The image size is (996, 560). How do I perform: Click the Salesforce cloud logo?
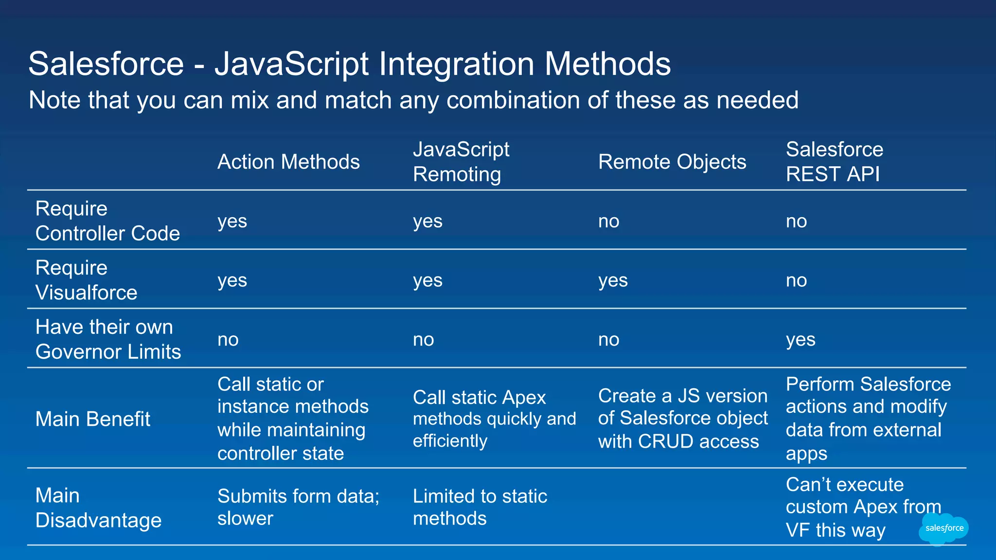(x=943, y=529)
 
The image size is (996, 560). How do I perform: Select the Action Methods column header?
(x=288, y=162)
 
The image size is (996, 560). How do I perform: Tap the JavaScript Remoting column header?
(x=461, y=162)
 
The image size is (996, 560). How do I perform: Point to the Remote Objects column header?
(x=672, y=162)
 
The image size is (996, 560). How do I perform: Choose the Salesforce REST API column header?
(x=834, y=162)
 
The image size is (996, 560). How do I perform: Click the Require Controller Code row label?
(x=107, y=221)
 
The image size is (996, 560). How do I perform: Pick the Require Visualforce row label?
(x=86, y=280)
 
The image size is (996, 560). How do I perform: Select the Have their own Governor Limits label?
(x=108, y=339)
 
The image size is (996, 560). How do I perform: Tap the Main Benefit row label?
(x=92, y=419)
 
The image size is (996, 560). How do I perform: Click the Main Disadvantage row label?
(x=98, y=508)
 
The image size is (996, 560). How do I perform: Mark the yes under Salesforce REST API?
(x=800, y=340)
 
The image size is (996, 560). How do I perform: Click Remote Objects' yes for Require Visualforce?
(x=613, y=280)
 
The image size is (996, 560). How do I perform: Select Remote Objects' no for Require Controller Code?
(x=608, y=221)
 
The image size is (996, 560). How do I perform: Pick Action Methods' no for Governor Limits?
(x=228, y=340)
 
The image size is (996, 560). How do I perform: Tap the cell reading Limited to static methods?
(x=480, y=507)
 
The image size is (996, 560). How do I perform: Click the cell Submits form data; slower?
(x=298, y=507)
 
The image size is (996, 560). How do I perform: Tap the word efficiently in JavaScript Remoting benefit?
(x=450, y=441)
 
